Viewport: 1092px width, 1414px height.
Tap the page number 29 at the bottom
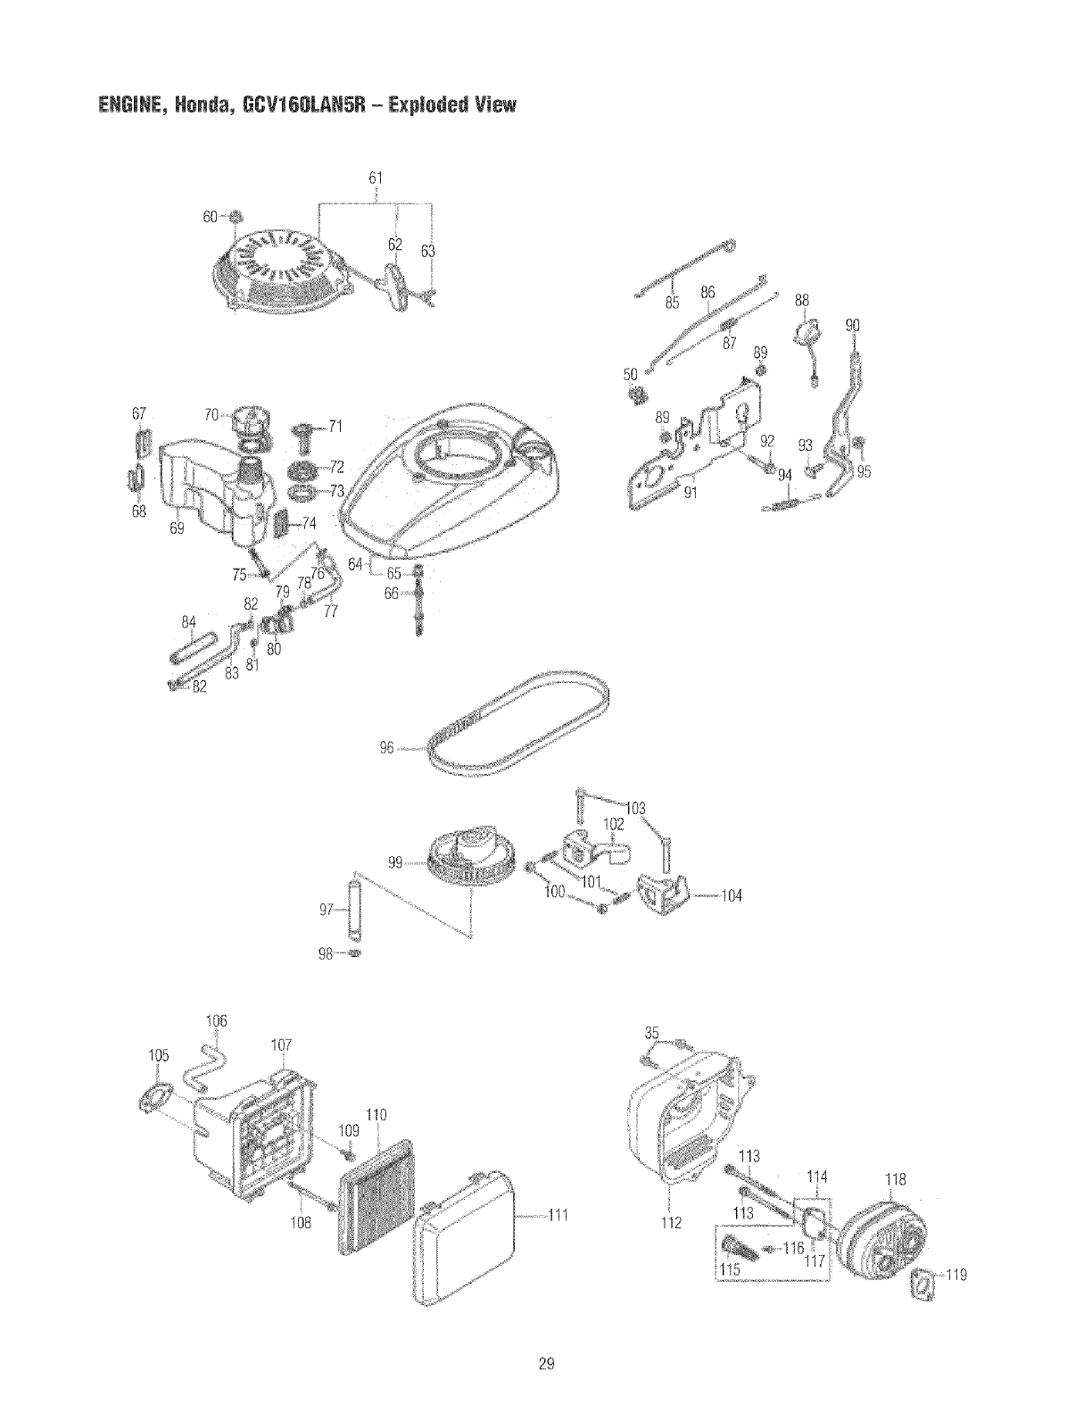(x=546, y=1363)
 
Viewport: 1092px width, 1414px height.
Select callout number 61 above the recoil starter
(x=376, y=176)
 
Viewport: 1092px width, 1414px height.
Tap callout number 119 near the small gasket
(x=956, y=1275)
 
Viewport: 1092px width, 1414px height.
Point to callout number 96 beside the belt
(x=386, y=749)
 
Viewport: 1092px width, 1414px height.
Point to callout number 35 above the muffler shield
(x=653, y=1034)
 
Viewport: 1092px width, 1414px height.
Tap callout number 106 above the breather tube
(x=216, y=1020)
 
